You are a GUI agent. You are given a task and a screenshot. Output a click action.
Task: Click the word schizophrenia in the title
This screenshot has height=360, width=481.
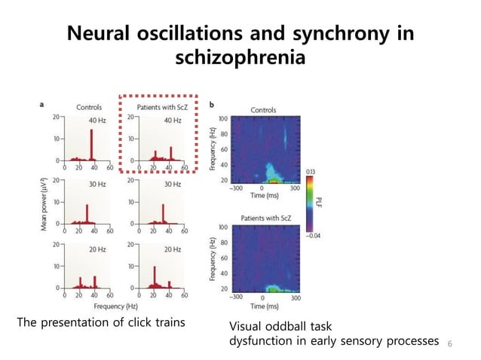pyautogui.click(x=240, y=57)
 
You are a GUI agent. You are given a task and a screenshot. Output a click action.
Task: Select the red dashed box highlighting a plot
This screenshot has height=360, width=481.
pyautogui.click(x=159, y=133)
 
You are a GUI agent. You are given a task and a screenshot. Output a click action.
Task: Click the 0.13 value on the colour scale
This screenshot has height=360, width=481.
pyautogui.click(x=310, y=172)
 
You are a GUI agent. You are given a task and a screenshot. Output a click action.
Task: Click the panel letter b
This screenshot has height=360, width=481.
pyautogui.click(x=213, y=104)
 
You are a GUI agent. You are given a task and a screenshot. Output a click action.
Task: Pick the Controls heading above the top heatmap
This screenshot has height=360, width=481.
pyautogui.click(x=263, y=110)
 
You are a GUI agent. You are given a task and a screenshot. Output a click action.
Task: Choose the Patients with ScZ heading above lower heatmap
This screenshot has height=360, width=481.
pyautogui.click(x=263, y=218)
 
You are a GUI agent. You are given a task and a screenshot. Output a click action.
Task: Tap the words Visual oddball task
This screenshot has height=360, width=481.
pyautogui.click(x=280, y=328)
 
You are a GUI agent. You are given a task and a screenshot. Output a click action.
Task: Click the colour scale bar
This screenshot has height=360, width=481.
pyautogui.click(x=309, y=203)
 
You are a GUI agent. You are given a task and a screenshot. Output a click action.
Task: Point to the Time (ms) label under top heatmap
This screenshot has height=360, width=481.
pyautogui.click(x=264, y=194)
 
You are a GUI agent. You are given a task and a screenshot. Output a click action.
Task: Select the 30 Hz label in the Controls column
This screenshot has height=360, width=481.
pyautogui.click(x=97, y=184)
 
